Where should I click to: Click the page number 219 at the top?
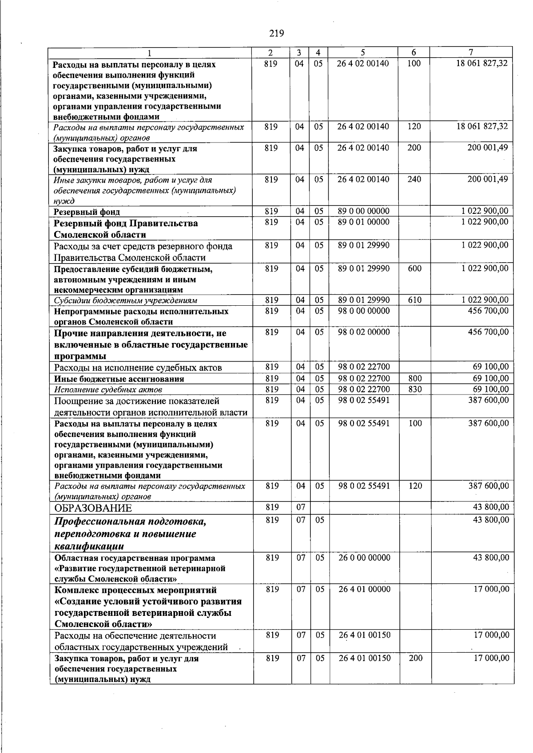coord(276,33)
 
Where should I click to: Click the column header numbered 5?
coord(363,52)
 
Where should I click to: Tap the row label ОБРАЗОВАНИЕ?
coord(93,508)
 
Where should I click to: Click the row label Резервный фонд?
coord(87,212)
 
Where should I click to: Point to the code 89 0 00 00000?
coord(363,211)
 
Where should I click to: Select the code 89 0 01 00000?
coord(363,222)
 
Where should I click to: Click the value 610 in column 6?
coord(414,300)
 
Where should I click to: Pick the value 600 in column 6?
coord(414,269)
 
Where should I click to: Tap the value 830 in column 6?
coord(414,390)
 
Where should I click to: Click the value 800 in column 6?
coord(414,379)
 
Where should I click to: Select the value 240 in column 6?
coord(414,180)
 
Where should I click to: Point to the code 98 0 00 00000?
coord(364,311)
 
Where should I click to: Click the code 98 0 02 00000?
coord(364,332)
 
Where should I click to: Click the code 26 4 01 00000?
coord(364,590)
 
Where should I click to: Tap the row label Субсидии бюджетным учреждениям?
coord(126,301)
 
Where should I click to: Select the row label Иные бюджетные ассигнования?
coord(119,379)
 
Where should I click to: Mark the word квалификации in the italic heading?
coord(89,546)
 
